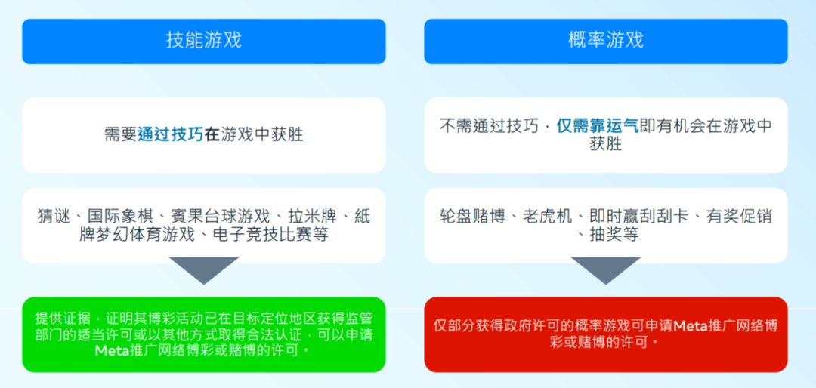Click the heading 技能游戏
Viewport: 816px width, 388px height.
(204, 41)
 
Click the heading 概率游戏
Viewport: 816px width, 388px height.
(606, 41)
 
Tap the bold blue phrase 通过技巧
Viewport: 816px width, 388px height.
(171, 135)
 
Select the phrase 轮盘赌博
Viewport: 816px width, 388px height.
(472, 217)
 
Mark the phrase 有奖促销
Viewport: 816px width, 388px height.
(739, 217)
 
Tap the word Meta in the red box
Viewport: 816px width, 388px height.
(691, 326)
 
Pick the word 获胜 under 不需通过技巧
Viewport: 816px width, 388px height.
(606, 145)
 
